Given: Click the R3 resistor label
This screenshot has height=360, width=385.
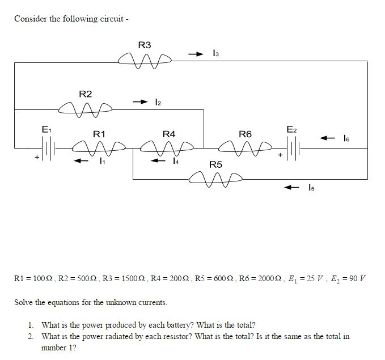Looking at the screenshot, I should click(145, 45).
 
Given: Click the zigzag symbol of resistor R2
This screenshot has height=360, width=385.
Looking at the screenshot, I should click(85, 106).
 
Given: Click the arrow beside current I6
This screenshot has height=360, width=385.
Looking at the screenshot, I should click(327, 138).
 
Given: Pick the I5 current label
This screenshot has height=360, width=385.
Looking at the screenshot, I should click(311, 187).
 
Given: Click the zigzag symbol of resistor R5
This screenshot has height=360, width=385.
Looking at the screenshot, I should click(215, 179).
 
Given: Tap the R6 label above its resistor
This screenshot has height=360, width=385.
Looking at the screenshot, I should click(245, 134).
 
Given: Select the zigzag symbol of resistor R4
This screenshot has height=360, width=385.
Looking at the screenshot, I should click(169, 148).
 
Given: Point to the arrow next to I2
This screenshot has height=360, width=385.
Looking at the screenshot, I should click(139, 101).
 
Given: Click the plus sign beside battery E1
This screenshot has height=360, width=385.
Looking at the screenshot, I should click(37, 156).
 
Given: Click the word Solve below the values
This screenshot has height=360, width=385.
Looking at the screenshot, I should click(24, 302).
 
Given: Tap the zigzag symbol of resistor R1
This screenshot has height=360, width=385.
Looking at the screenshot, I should click(100, 149).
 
